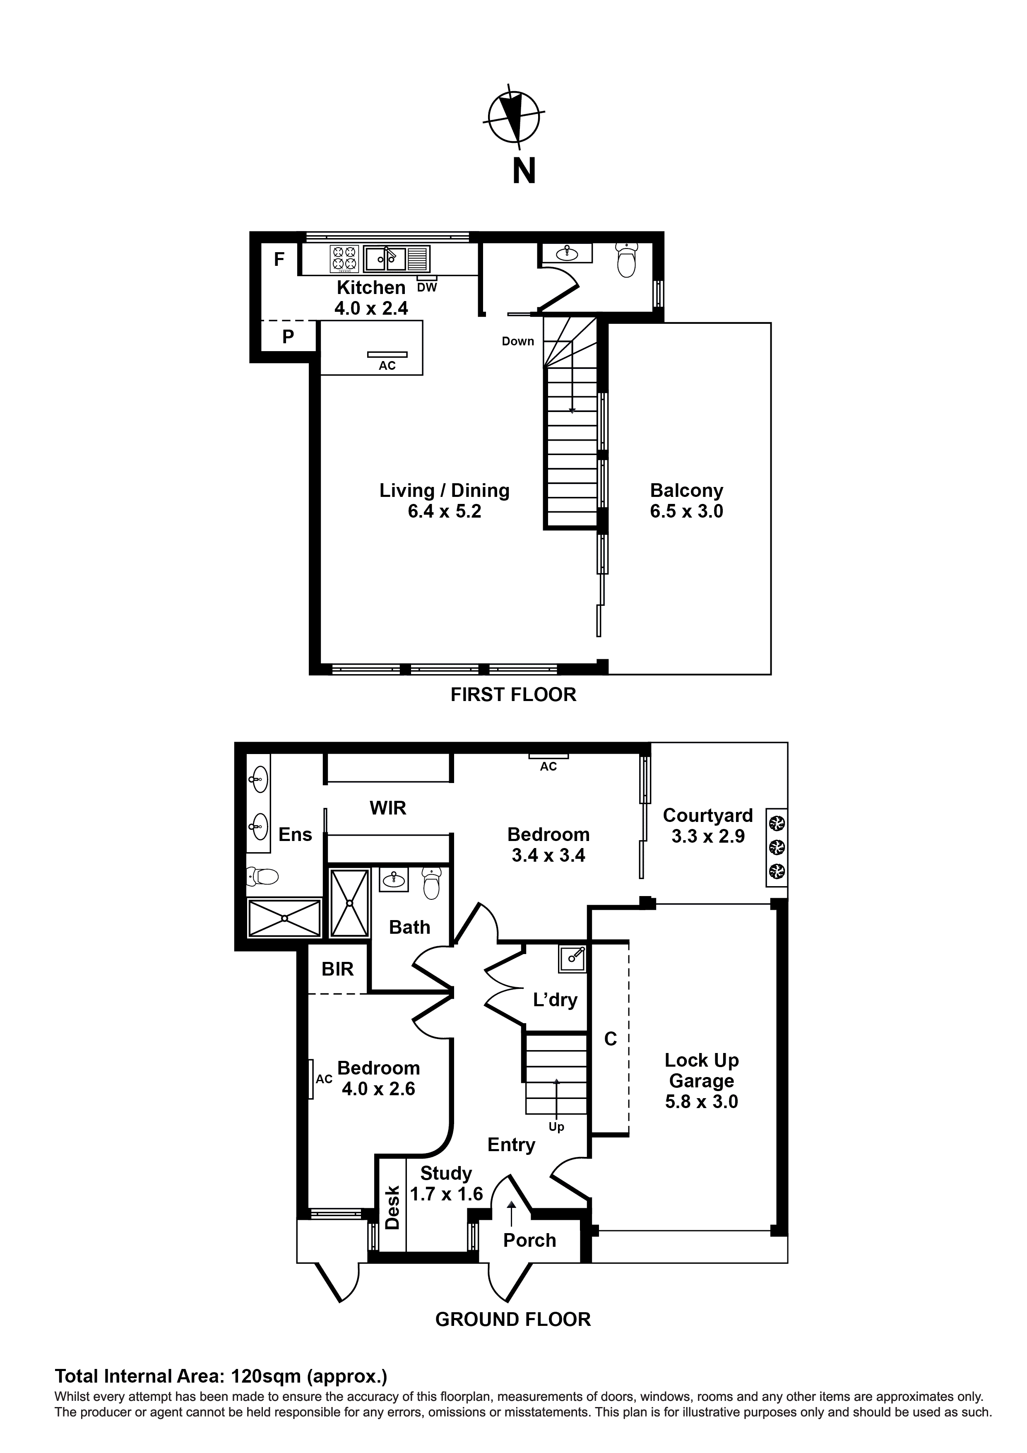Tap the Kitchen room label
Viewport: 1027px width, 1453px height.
371,287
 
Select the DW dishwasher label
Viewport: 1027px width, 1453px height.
427,287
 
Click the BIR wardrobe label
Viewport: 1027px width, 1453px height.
337,969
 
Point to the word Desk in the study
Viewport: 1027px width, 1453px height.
393,1207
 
